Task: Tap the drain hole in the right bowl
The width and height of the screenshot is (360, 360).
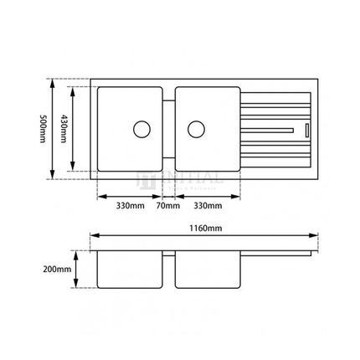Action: coord(196,129)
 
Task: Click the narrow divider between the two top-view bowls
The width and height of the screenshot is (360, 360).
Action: coord(167,134)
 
